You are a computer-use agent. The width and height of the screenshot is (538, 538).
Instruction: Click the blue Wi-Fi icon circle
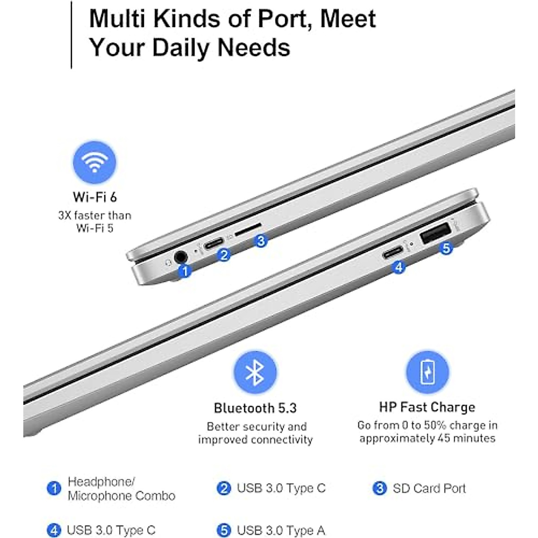click(x=95, y=162)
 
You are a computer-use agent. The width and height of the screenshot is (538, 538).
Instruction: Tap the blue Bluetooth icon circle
click(x=255, y=372)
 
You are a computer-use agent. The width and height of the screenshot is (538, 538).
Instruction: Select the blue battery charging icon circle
click(x=427, y=372)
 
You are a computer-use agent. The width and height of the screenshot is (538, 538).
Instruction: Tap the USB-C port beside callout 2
click(x=213, y=245)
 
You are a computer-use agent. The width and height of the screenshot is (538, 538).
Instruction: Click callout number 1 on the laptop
click(x=185, y=271)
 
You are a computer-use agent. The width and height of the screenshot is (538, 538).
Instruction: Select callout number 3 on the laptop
click(x=260, y=241)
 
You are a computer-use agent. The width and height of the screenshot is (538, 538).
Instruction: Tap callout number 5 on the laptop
click(x=446, y=248)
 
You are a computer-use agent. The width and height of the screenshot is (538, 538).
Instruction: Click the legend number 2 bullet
click(x=223, y=488)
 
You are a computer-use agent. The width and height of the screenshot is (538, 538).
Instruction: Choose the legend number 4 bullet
click(x=54, y=530)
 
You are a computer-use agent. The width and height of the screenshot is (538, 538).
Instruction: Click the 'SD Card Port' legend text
click(x=429, y=488)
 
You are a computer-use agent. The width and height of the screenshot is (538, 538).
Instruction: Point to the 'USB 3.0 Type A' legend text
click(x=281, y=530)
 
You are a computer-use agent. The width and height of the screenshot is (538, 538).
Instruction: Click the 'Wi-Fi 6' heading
click(x=95, y=197)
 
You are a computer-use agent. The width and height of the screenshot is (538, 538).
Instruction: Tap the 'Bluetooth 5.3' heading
click(x=255, y=408)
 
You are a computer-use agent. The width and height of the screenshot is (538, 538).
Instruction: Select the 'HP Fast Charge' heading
click(x=427, y=407)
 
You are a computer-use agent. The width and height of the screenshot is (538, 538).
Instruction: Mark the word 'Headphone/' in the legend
click(x=101, y=482)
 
